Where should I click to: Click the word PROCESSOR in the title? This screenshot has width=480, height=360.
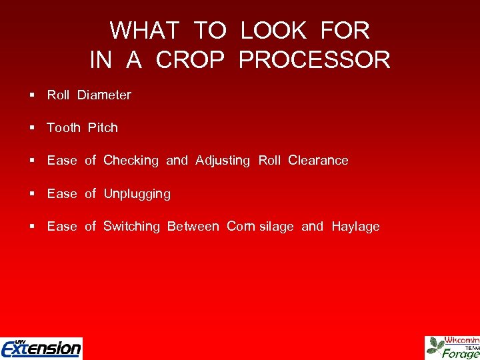point(314,60)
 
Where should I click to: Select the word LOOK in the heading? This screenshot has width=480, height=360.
point(273,31)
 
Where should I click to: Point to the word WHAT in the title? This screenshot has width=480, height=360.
point(145,31)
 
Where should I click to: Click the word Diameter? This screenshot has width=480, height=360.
point(104,95)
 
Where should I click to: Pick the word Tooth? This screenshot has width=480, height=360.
point(63,128)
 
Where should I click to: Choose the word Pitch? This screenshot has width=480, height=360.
point(103,128)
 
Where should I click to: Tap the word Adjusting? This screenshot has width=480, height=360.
point(223,161)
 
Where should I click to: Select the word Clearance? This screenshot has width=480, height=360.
point(318,161)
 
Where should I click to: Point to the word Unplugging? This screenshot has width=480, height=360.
point(137,194)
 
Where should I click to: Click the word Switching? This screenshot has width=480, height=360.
point(131,227)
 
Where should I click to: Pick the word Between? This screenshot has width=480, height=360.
point(193,227)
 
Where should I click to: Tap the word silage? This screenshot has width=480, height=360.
point(275,227)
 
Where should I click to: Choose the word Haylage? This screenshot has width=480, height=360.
point(355,227)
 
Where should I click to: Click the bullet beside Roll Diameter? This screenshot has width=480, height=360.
point(32,95)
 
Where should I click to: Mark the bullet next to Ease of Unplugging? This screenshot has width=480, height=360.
point(32,194)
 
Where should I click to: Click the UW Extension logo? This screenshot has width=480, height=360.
point(41,348)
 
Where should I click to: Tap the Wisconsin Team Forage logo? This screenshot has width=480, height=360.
point(453,347)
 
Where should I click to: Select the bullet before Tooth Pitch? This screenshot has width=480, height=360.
point(32,128)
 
